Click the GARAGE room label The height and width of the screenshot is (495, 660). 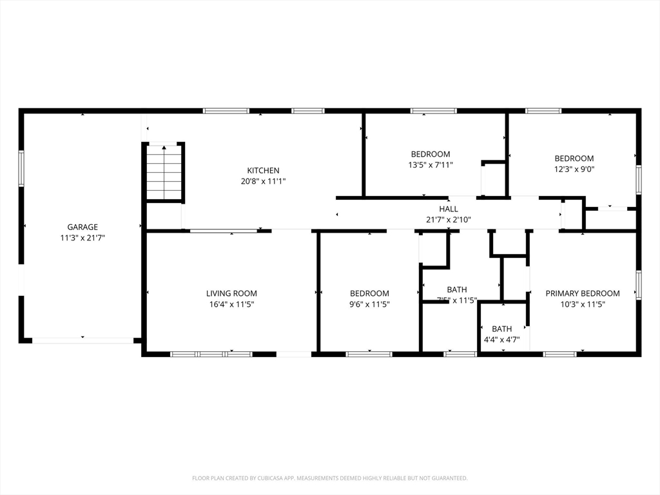point(82,227)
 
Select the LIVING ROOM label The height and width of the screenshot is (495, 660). point(231,293)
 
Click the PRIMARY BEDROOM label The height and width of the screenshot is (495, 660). point(583,293)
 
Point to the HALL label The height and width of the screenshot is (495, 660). point(449,209)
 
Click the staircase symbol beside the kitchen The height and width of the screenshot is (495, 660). point(164,173)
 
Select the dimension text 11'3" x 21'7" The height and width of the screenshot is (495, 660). point(82,238)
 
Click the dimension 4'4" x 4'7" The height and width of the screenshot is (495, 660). point(502,340)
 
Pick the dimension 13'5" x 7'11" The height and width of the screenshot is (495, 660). point(431,165)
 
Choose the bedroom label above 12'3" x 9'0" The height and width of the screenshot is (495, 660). point(574,159)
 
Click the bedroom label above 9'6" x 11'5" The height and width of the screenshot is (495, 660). point(369,293)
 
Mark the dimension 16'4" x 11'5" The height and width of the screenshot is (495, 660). point(231,304)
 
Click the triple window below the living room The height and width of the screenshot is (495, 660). point(211,354)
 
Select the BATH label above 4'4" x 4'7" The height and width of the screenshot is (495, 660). point(502,329)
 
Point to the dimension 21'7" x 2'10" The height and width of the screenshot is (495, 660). point(449,220)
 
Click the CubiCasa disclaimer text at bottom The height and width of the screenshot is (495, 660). point(330,478)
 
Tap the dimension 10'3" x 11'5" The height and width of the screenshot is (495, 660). point(583,304)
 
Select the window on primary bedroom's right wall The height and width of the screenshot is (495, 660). point(639,285)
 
